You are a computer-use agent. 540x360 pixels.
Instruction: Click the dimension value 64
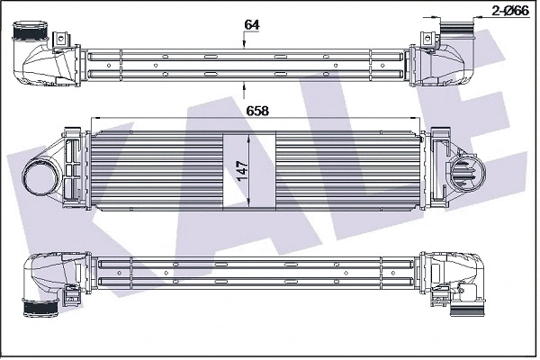251,25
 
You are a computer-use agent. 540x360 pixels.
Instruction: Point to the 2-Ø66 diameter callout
510,11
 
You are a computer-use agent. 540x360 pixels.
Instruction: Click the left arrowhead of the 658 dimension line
97,119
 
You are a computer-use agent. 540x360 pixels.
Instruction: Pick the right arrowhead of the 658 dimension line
415,119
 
